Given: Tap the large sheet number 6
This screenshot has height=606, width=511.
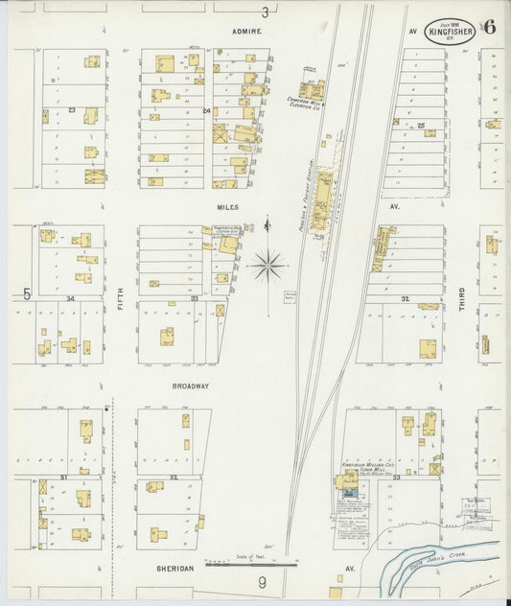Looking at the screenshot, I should tap(489, 27).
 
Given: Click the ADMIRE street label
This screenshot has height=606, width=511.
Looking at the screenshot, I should tap(246, 31).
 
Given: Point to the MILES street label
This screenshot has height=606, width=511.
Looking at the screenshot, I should tap(226, 206).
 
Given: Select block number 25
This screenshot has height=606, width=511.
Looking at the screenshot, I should tap(420, 126).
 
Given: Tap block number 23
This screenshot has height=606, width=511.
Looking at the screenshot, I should tap(72, 112).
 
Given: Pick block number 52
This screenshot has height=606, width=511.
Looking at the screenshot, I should tap(174, 477).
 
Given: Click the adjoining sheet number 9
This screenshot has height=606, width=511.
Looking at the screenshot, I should tap(260, 582).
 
